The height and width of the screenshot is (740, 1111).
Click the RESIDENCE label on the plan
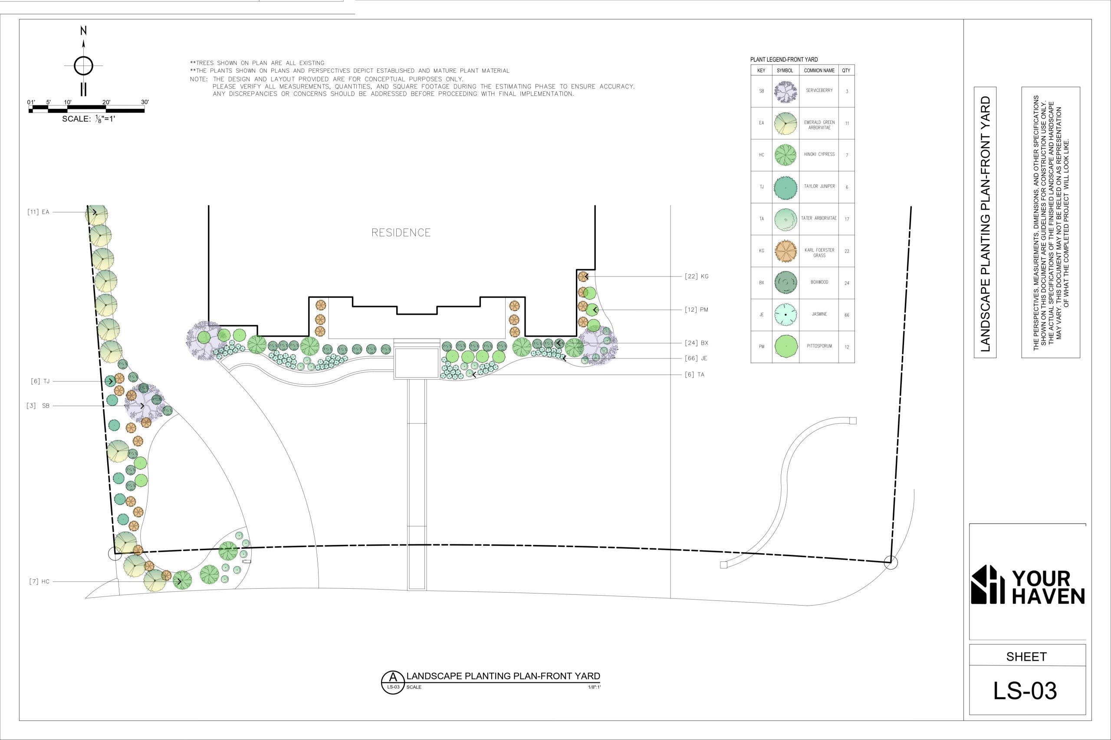pyautogui.click(x=401, y=233)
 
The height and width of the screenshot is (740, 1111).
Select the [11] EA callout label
pyautogui.click(x=38, y=212)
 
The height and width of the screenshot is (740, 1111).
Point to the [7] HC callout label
pyautogui.click(x=39, y=581)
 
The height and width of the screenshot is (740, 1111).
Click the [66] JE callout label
pyautogui.click(x=696, y=358)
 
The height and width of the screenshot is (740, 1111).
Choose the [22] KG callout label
pyautogui.click(x=697, y=277)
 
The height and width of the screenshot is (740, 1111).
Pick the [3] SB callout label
pyautogui.click(x=38, y=405)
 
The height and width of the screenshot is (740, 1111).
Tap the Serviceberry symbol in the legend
pyautogui.click(x=786, y=91)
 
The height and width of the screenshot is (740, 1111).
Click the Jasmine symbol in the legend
pyautogui.click(x=786, y=314)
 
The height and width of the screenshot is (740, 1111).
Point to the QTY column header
pyautogui.click(x=846, y=70)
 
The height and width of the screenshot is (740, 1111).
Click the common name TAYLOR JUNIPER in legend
pyautogui.click(x=819, y=186)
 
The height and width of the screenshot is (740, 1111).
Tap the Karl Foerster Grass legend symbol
pyautogui.click(x=786, y=251)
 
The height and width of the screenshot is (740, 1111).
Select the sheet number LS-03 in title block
pyautogui.click(x=1025, y=691)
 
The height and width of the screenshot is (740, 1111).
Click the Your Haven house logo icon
pyautogui.click(x=987, y=584)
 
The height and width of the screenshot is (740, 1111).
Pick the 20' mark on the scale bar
pyautogui.click(x=106, y=102)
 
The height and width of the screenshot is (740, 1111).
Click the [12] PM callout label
pyautogui.click(x=697, y=310)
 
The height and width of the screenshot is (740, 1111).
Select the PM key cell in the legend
pyautogui.click(x=762, y=347)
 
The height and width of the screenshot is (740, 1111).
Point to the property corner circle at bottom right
pyautogui.click(x=891, y=562)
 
